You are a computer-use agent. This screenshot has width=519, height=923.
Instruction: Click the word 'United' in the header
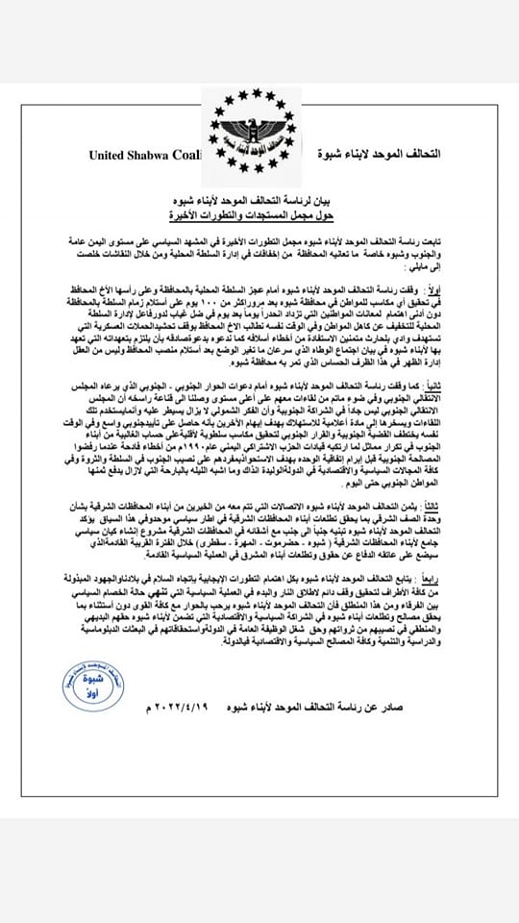click(x=112, y=154)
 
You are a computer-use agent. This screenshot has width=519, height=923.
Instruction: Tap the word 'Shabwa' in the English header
click(x=159, y=154)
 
